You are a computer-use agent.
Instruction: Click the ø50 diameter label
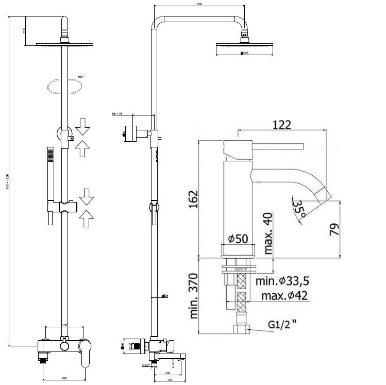[238, 239]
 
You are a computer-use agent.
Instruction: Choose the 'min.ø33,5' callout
[283, 281]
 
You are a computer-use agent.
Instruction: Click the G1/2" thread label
[282, 325]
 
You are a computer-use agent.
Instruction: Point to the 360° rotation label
[80, 77]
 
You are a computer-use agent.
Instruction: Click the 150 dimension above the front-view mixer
[64, 325]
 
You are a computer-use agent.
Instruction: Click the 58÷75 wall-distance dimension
[117, 114]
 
